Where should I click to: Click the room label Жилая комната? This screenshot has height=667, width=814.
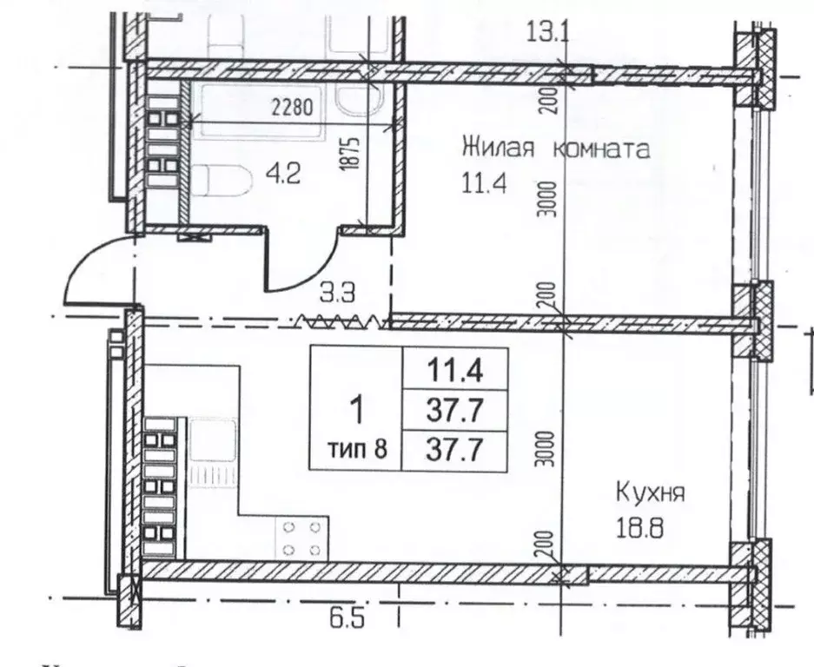(556, 149)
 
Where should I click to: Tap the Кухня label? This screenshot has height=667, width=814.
(651, 494)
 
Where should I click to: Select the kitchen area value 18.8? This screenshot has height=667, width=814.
(639, 528)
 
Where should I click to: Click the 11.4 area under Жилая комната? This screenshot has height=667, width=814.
(483, 184)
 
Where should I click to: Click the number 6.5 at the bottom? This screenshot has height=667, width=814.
(334, 623)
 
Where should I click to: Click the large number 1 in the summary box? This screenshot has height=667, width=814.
(354, 407)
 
